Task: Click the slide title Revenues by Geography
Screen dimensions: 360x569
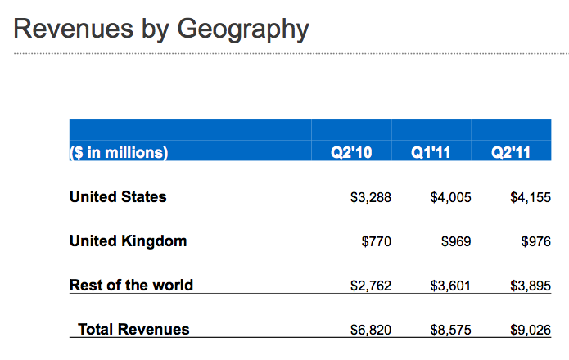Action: pos(161,29)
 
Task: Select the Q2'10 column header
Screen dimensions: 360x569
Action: pos(351,152)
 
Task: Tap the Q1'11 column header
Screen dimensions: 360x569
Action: pos(431,152)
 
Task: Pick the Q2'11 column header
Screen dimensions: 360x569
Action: pos(511,152)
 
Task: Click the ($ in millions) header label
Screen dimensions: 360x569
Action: pos(119,152)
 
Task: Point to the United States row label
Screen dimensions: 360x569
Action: pos(118,197)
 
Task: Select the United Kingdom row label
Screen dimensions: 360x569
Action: pos(128,241)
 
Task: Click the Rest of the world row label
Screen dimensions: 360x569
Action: pos(131,286)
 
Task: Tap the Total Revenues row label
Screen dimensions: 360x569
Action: pos(133,330)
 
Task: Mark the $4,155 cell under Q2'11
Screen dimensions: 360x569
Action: pos(530,198)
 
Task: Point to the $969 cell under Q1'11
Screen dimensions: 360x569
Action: pos(456,242)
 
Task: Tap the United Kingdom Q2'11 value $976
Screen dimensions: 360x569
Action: pos(535,242)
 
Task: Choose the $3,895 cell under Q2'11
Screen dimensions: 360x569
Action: pos(530,286)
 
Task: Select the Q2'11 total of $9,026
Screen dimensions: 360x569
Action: pos(530,331)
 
